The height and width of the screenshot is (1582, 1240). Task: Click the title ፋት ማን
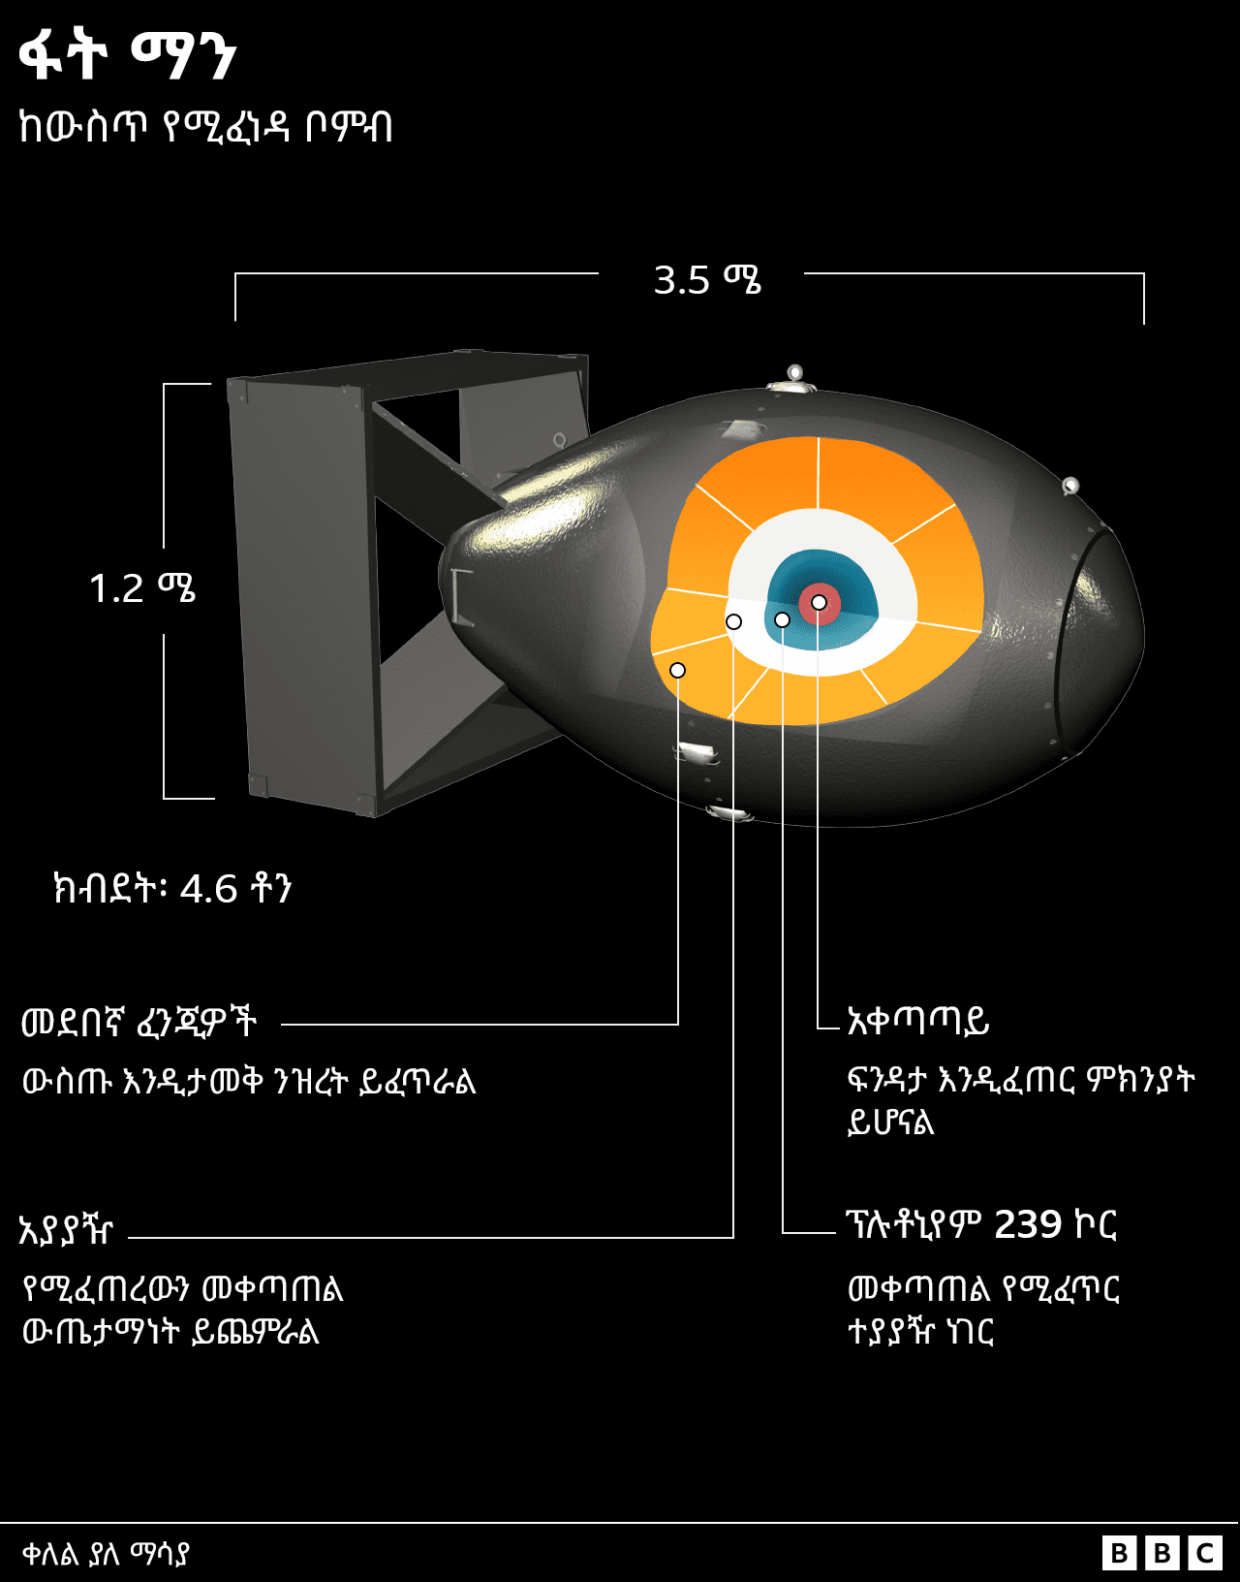tap(127, 55)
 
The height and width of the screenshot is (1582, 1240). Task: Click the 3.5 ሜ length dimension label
tap(706, 280)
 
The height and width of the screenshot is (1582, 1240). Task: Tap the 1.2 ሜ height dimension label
tap(142, 588)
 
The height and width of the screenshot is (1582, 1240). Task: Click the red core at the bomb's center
tap(810, 611)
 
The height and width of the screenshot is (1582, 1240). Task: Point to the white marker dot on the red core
tap(819, 603)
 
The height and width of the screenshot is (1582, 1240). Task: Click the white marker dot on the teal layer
tap(782, 619)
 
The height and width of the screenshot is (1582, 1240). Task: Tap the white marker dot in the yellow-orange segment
tap(677, 670)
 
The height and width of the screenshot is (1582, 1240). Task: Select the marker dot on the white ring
tap(733, 621)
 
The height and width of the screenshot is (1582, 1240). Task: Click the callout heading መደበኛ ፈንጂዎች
tap(139, 1022)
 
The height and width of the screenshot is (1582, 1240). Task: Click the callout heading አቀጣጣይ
tap(917, 1021)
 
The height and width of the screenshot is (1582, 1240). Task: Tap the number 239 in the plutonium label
tap(1028, 1225)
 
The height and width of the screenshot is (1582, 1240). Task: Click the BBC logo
tap(1162, 1553)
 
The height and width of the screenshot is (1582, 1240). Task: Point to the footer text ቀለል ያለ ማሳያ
tap(106, 1554)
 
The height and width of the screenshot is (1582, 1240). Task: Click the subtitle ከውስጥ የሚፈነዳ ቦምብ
tap(205, 127)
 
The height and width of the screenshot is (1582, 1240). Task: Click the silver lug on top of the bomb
tap(793, 377)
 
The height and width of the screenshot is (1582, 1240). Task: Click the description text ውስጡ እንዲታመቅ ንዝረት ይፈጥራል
tap(249, 1081)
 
